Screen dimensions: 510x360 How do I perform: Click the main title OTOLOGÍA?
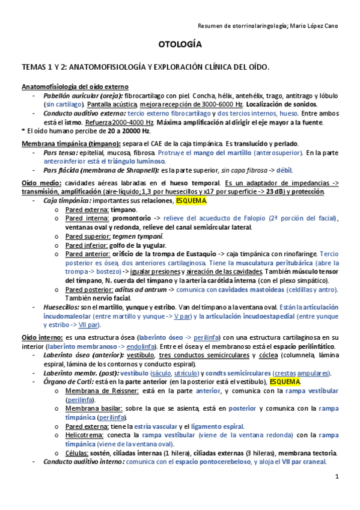click(180, 45)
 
